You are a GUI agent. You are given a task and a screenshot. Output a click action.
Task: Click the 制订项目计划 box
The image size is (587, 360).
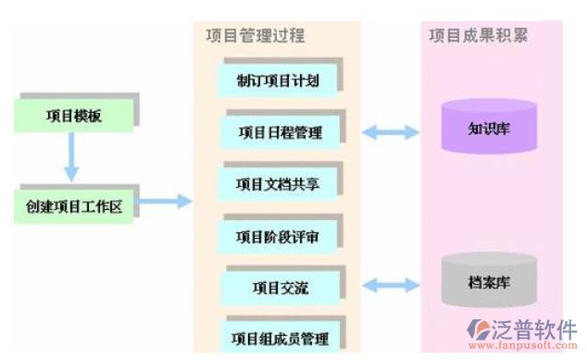278,81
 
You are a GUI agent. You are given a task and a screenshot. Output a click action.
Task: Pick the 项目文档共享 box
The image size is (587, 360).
278,183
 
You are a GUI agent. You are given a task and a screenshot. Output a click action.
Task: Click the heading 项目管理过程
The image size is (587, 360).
256,36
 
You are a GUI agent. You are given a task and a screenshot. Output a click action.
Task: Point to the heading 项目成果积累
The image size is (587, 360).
480,35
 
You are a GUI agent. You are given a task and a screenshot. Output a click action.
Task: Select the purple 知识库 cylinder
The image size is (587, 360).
488,126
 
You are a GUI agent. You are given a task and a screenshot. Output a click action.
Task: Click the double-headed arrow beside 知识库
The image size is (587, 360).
390,132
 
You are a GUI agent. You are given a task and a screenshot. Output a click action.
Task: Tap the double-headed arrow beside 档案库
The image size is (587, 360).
390,286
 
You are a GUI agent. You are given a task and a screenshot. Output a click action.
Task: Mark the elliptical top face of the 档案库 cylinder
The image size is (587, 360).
488,260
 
